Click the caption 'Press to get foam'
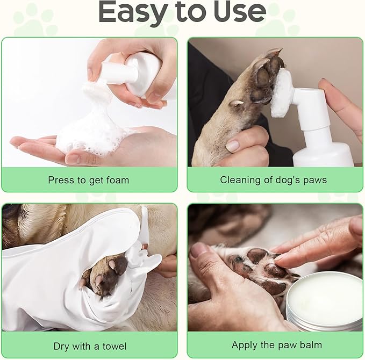click(89, 180)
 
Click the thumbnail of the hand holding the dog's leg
click(232, 146)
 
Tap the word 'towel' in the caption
click(114, 345)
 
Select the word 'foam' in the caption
click(117, 180)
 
